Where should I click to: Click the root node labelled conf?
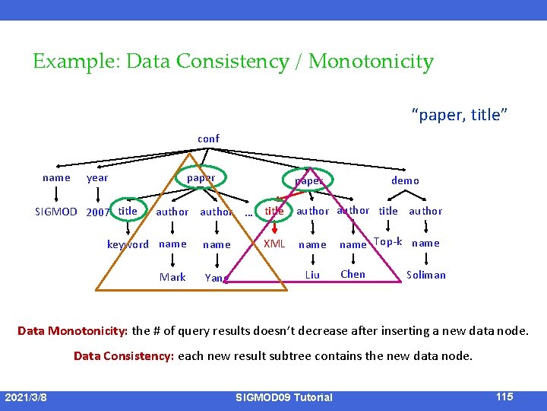coord(208,139)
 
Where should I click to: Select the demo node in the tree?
coord(405,180)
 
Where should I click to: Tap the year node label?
coord(97,178)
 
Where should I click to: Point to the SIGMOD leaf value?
coord(56,212)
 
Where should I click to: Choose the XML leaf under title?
coord(273,244)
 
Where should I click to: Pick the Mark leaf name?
coord(172,277)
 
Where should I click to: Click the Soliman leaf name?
coord(426,275)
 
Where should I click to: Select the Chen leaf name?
coord(353,274)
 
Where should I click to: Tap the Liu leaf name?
coord(312,275)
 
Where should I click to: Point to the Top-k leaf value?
coord(388,242)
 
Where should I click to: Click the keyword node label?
coord(128,244)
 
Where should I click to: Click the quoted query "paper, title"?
coord(460,115)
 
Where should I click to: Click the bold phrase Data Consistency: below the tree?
coord(124,355)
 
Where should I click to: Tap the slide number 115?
coord(504,397)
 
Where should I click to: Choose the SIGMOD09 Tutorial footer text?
coord(283,397)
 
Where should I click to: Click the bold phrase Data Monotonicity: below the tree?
coord(73,331)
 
